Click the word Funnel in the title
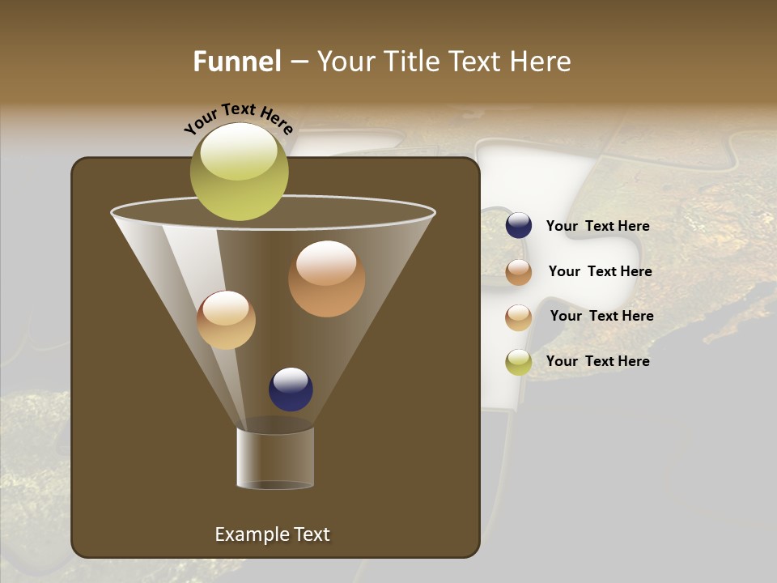click(237, 62)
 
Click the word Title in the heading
click(411, 62)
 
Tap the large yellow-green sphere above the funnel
click(240, 172)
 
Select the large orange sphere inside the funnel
click(326, 279)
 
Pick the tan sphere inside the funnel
click(226, 320)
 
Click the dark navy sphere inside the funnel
click(291, 389)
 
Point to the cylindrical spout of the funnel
click(275, 458)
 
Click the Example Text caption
click(272, 534)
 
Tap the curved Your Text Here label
click(239, 118)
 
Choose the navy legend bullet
click(519, 226)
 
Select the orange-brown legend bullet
click(519, 272)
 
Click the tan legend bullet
click(519, 317)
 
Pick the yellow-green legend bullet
click(519, 362)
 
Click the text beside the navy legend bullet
click(597, 227)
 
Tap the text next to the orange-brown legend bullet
click(600, 272)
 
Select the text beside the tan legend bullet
click(601, 317)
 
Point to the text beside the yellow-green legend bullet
click(597, 361)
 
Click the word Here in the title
click(541, 62)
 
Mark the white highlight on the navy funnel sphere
click(291, 379)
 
